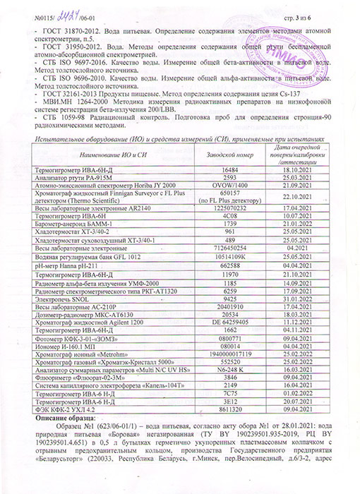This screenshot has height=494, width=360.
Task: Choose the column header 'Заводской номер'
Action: [229, 134]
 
